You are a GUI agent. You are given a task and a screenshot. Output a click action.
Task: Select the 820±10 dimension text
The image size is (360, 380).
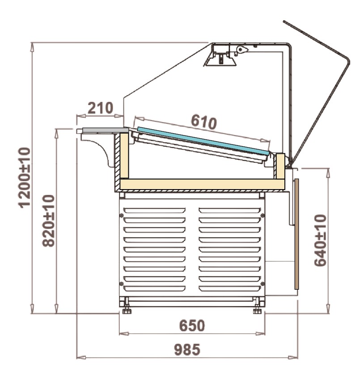48,221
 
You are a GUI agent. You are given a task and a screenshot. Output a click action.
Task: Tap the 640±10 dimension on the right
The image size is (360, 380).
320,240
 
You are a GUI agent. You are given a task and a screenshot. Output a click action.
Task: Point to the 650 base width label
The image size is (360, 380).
192,325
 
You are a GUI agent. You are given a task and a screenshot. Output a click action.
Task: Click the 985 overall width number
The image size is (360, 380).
187,350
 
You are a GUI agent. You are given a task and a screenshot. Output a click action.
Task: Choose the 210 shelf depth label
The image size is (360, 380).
100,108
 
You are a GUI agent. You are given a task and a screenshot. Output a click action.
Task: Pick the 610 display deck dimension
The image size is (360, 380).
203,122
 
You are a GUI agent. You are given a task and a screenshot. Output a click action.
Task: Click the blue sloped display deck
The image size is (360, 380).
203,141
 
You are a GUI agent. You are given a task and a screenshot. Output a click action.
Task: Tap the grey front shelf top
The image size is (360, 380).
106,131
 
